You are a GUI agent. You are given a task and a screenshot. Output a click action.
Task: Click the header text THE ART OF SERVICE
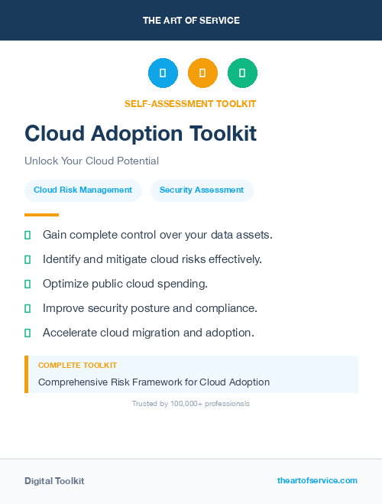pos(191,21)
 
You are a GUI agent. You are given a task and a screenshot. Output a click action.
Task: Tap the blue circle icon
pos(163,73)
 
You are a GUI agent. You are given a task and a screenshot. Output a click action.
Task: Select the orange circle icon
pos(202,73)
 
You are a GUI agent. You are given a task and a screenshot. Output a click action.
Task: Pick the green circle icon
pos(242,73)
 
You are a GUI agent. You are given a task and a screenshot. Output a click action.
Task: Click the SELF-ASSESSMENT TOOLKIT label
pos(190,104)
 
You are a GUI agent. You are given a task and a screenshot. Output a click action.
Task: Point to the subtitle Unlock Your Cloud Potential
pos(92,161)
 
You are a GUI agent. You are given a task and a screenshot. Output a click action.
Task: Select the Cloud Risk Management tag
pos(83,190)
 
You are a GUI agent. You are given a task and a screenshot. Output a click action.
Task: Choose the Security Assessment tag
pos(202,190)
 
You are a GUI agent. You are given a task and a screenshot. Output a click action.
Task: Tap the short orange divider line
pos(41,215)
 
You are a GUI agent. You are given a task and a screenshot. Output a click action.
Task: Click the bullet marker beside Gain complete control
pos(28,235)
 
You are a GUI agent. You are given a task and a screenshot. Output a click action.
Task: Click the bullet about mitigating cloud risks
pos(152,259)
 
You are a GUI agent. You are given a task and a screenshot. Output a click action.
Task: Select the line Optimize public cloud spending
pos(125,284)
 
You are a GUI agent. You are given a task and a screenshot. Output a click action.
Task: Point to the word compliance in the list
pos(228,308)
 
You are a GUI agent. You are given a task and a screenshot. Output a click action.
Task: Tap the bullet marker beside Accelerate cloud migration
pos(28,333)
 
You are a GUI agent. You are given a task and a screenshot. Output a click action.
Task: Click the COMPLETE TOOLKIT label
pos(78,366)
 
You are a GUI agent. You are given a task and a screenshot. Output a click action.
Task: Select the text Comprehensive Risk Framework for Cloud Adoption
pos(154,382)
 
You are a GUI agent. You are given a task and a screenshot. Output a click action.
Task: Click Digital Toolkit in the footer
pos(54,481)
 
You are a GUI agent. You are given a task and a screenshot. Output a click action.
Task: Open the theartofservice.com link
pos(317,480)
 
